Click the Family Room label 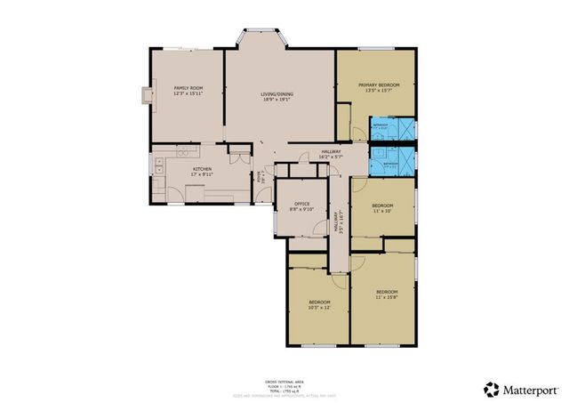pyautogui.click(x=188, y=91)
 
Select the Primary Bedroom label pyautogui.click(x=380, y=87)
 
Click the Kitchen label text pyautogui.click(x=203, y=172)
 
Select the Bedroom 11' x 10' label pyautogui.click(x=383, y=208)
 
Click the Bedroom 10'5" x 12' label pyautogui.click(x=319, y=305)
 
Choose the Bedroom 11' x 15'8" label pyautogui.click(x=386, y=294)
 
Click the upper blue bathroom pyautogui.click(x=392, y=127)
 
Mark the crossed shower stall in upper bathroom pyautogui.click(x=406, y=127)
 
